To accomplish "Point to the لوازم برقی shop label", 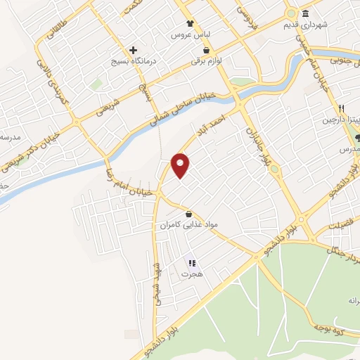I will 207,61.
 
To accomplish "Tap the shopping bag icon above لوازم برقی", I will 206,51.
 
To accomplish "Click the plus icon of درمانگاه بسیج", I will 133,50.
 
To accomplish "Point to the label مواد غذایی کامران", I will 189,225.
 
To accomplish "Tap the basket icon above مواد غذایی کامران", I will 188,214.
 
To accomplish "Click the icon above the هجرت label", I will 191,264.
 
